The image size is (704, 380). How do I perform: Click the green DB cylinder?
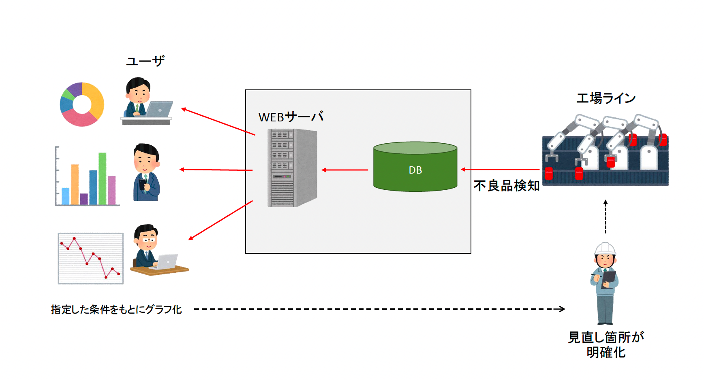point(415,167)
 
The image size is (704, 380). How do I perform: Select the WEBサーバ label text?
point(291,117)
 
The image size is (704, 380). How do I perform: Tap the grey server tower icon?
point(292,168)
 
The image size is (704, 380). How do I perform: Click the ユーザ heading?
point(145,61)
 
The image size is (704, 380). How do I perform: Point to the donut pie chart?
point(82,104)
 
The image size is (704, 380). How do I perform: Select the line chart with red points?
point(90,258)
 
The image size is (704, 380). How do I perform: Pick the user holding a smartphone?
point(146,173)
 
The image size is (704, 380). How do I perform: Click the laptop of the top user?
point(159,109)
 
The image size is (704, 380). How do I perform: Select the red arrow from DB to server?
point(345,170)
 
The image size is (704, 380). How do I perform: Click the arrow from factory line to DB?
point(500,170)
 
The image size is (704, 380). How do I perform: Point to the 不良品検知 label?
point(506,186)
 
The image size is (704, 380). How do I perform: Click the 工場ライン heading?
point(606,98)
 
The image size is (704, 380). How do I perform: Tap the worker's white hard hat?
point(605,248)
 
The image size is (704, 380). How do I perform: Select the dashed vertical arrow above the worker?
point(606,217)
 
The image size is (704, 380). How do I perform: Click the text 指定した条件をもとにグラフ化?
point(116,310)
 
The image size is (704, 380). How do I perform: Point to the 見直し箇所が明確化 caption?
point(606,345)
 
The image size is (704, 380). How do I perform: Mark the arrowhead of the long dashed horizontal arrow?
point(562,309)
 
